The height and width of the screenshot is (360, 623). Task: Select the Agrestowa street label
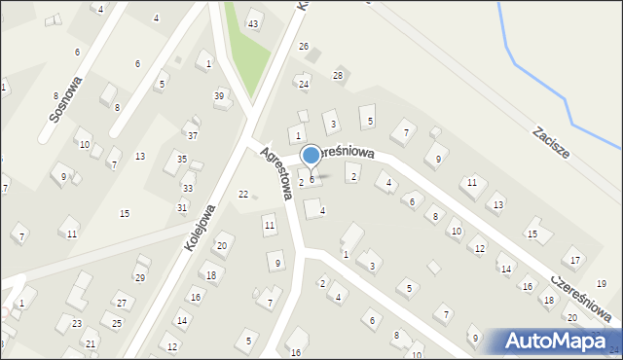[275, 172]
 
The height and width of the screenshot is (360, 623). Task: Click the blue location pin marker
[311, 156]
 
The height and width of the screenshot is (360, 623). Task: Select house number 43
[253, 23]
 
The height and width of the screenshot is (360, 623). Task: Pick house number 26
[304, 47]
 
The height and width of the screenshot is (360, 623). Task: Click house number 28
[338, 75]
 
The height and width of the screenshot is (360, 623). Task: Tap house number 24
[304, 85]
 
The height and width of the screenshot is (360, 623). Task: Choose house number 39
[219, 95]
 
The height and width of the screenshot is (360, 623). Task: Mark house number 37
[193, 135]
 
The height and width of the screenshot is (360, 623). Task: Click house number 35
[182, 159]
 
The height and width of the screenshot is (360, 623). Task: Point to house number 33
[187, 188]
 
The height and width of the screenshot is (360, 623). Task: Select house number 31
[182, 207]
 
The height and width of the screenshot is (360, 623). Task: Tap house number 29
[139, 278]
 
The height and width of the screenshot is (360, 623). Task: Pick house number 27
[121, 304]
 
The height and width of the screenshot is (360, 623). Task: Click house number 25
[117, 323]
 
